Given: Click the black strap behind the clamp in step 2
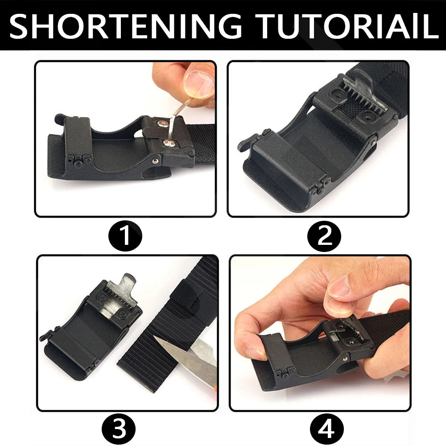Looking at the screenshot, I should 384,76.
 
